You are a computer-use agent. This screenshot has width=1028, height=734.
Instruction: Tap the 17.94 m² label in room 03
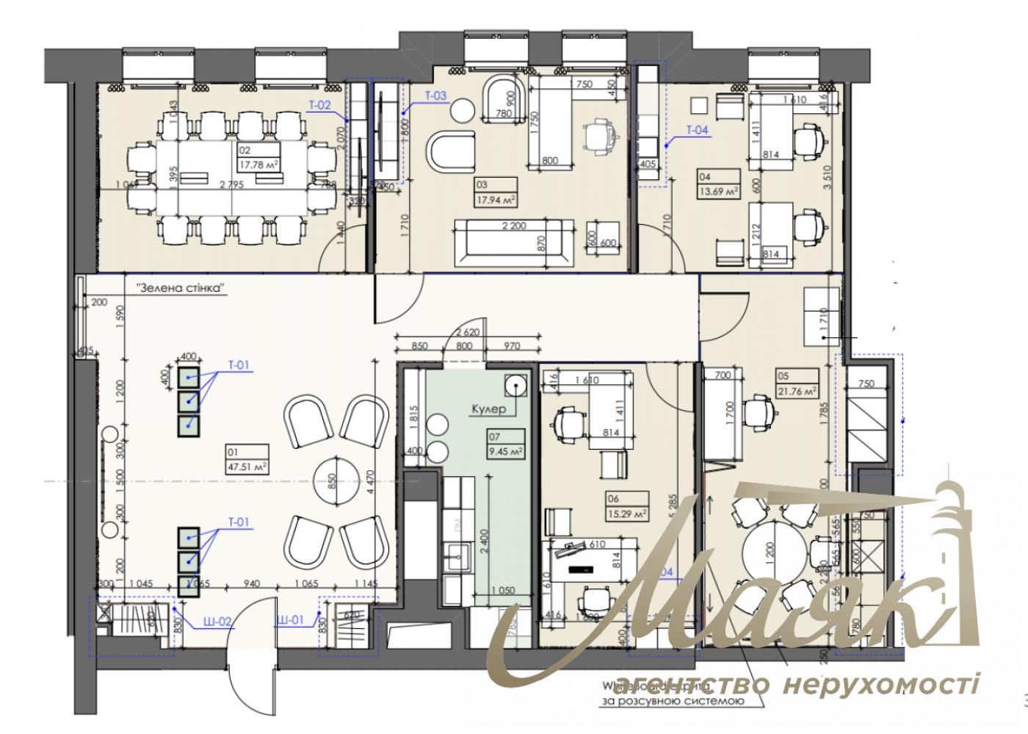497,198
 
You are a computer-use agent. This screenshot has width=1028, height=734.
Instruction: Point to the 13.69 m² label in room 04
717,190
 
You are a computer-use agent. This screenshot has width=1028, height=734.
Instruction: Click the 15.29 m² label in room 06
627,513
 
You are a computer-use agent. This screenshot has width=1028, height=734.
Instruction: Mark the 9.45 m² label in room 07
507,451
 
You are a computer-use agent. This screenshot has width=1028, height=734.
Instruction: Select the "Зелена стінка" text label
179,288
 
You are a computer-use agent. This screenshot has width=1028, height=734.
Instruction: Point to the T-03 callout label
435,96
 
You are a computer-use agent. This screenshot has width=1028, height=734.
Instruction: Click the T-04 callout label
697,130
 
